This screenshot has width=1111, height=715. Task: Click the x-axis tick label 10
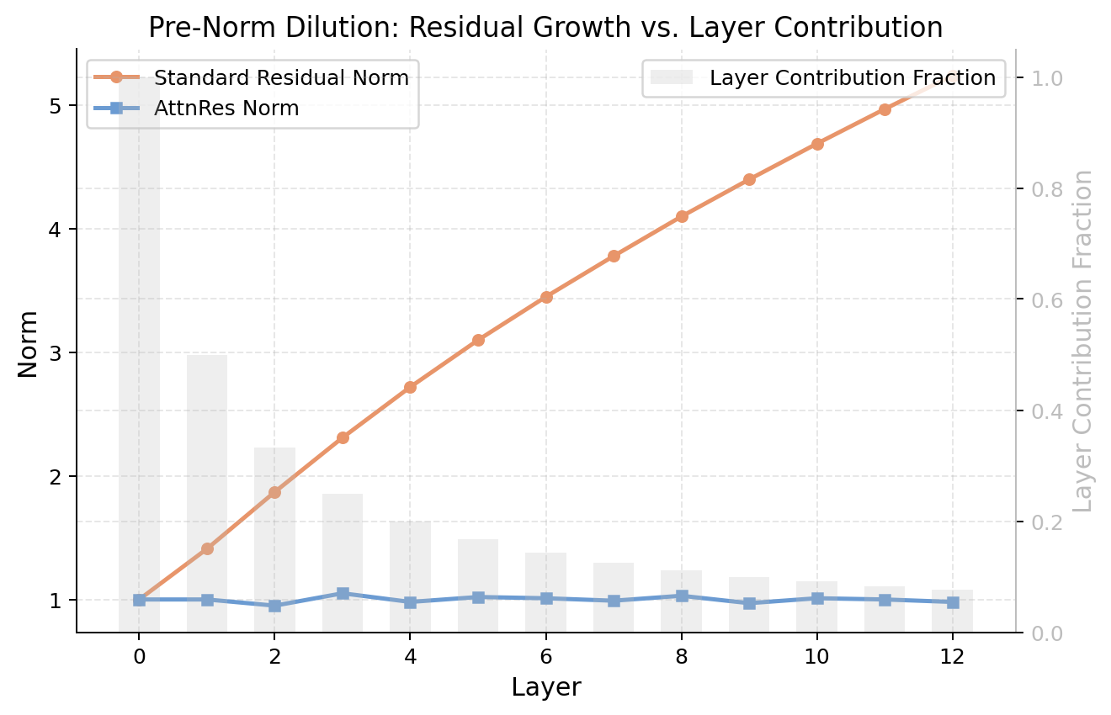click(816, 655)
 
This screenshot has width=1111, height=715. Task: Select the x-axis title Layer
click(545, 687)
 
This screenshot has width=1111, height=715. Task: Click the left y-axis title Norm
click(29, 344)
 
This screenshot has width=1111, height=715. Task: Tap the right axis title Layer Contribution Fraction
click(1083, 341)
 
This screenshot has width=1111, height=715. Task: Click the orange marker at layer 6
click(546, 297)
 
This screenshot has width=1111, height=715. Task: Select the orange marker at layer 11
click(885, 109)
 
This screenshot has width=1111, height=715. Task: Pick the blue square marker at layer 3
click(343, 594)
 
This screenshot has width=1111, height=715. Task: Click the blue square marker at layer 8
click(682, 596)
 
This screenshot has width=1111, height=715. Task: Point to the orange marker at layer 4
click(410, 387)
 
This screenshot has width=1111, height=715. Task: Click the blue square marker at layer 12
click(953, 602)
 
